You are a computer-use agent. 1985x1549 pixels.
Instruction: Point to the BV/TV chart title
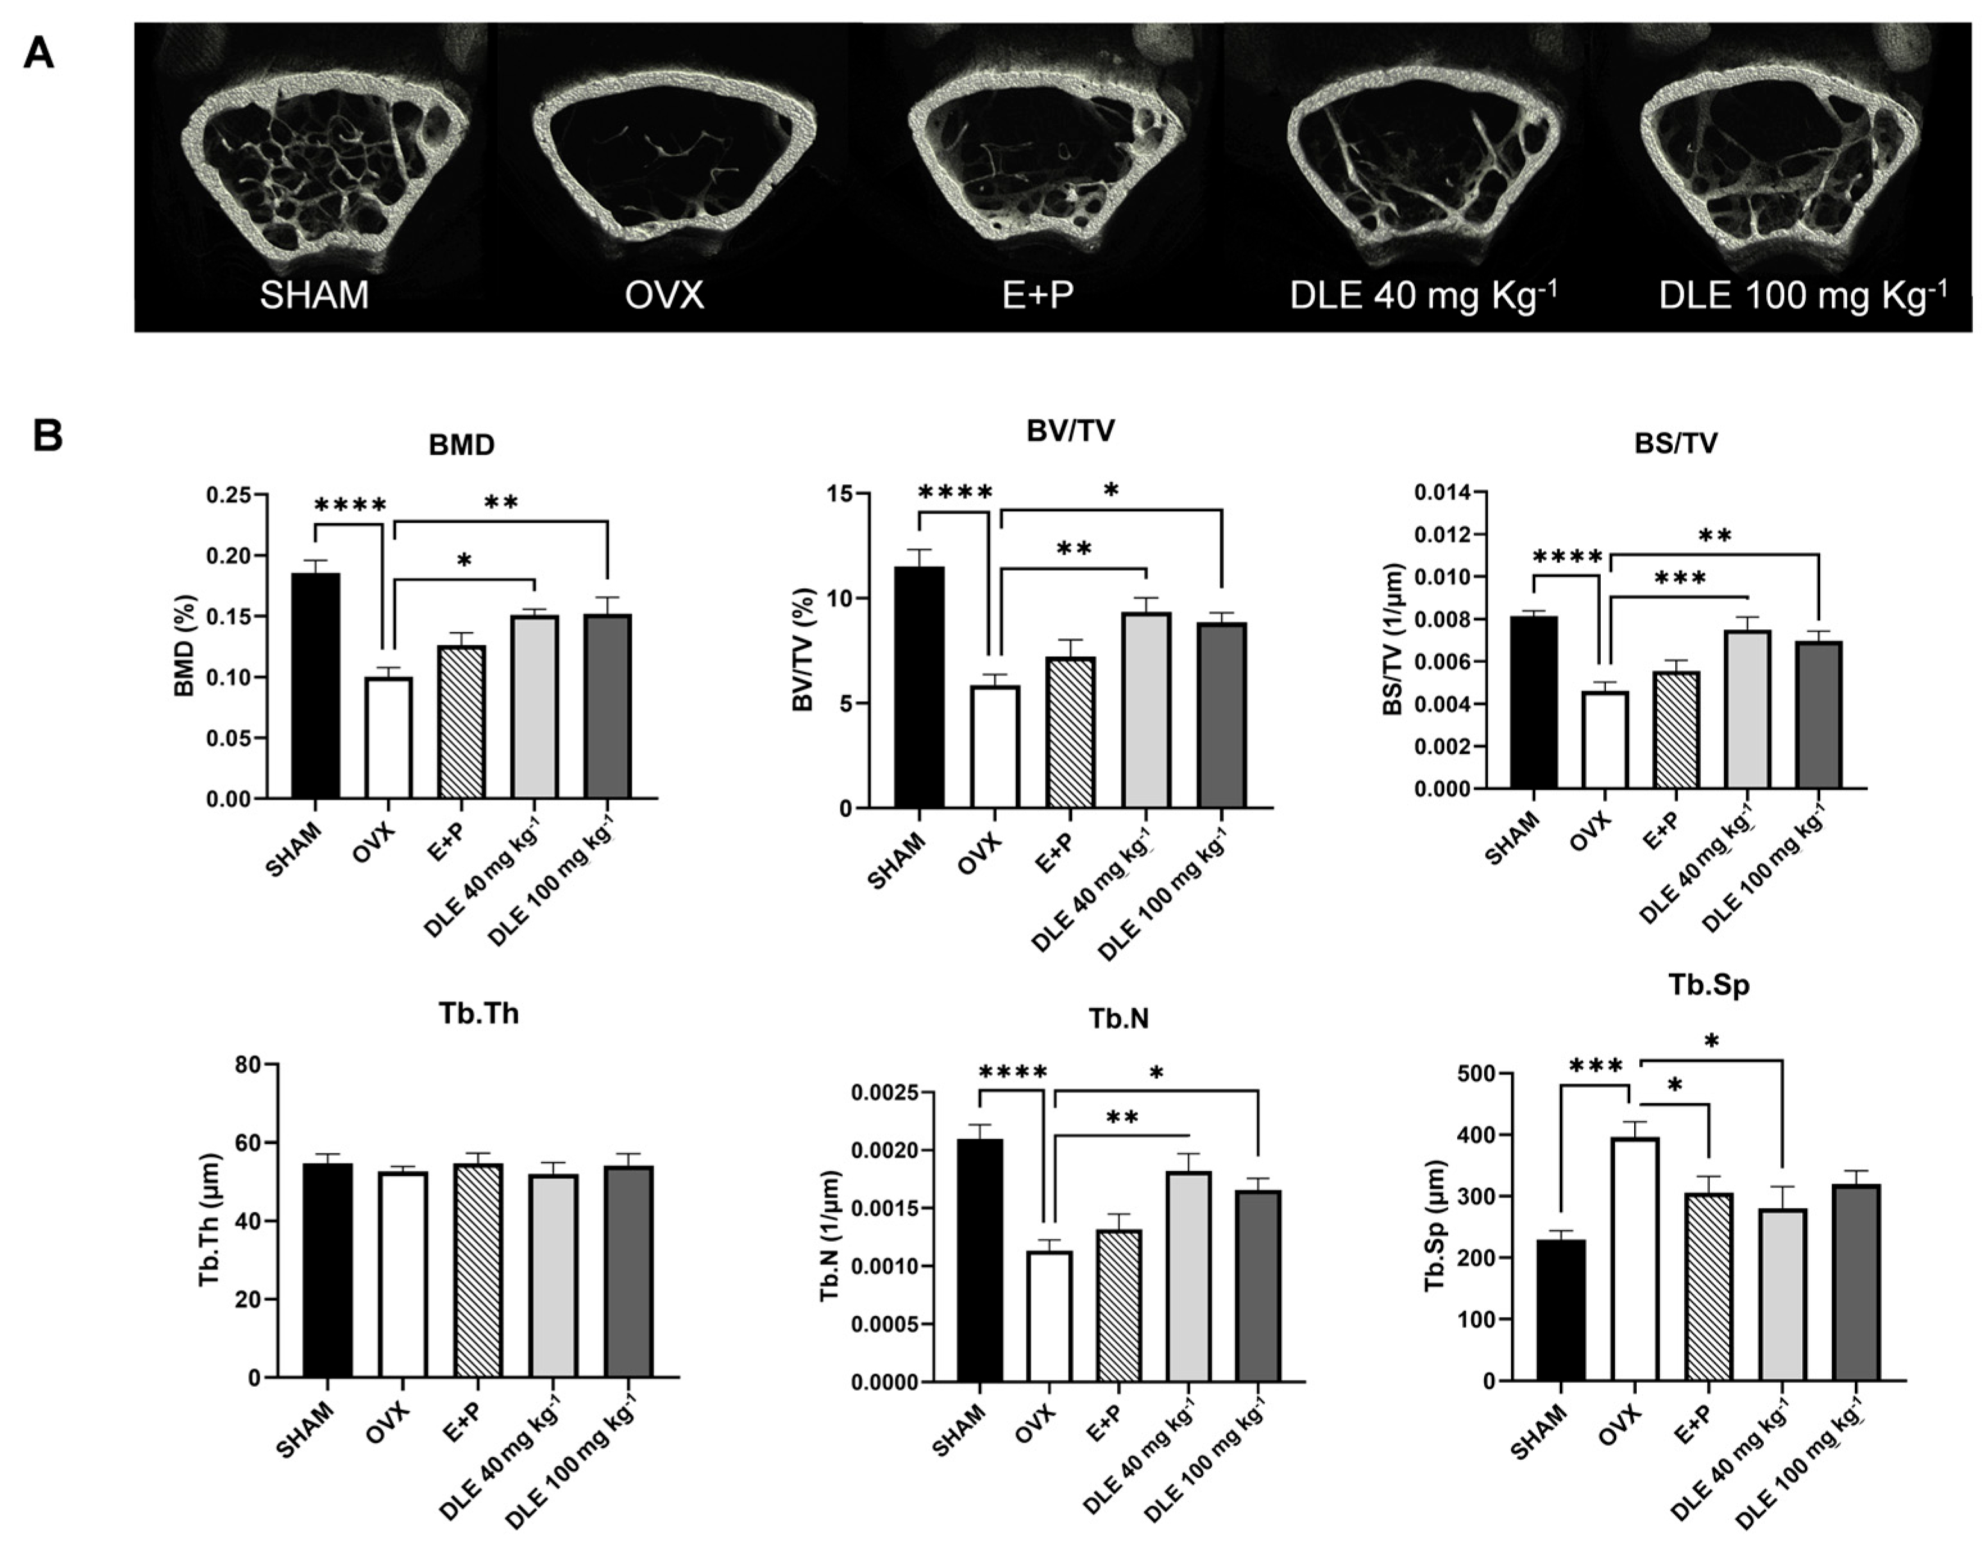coord(1070,431)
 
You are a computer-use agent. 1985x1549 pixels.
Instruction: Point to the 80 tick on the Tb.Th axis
coord(246,1065)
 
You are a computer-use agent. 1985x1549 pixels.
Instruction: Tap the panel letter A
coord(38,55)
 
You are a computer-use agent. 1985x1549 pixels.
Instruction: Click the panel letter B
coord(47,436)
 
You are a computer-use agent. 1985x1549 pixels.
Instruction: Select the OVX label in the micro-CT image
coord(664,296)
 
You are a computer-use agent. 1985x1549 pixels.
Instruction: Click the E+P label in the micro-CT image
coord(1037,296)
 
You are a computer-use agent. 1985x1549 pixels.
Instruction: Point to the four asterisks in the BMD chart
coord(351,505)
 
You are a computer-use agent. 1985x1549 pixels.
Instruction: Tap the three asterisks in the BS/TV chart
coord(1680,578)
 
